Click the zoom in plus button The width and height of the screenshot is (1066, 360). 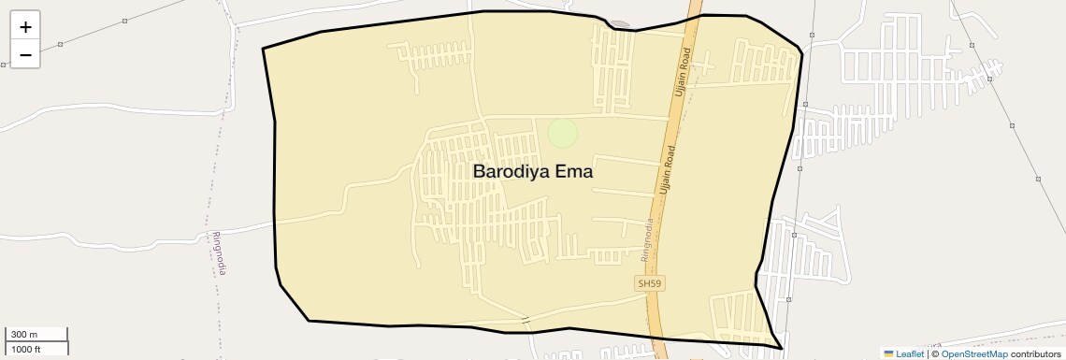click(25, 27)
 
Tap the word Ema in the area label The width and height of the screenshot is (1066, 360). click(574, 172)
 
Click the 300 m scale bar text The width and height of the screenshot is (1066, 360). click(24, 335)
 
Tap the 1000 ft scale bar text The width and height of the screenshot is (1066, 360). click(25, 349)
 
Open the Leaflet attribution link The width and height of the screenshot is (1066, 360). click(910, 353)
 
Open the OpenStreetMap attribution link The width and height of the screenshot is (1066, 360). click(973, 353)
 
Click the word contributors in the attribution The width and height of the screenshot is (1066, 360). click(1035, 353)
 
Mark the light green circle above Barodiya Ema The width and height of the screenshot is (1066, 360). click(562, 133)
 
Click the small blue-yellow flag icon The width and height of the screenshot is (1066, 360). click(888, 353)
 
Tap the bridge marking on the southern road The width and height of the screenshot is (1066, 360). click(526, 321)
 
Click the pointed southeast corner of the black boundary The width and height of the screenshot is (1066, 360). click(781, 348)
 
